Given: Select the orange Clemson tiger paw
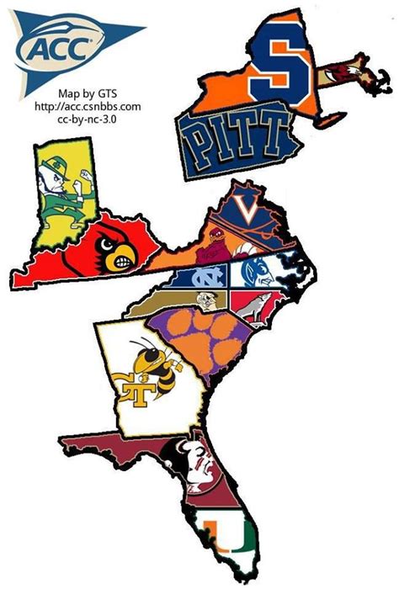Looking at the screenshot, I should pos(210,338).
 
